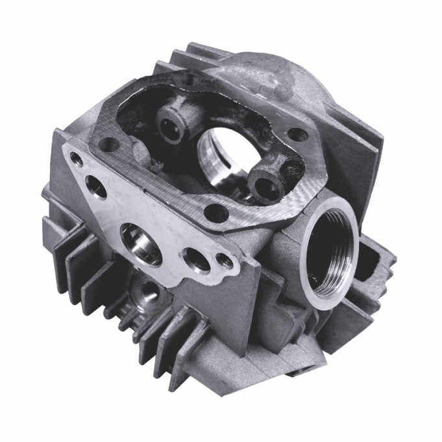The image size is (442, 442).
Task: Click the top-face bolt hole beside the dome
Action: pyautogui.click(x=297, y=136)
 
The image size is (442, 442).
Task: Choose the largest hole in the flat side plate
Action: pyautogui.click(x=141, y=244)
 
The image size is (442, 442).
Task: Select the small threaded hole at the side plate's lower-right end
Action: pyautogui.click(x=225, y=261)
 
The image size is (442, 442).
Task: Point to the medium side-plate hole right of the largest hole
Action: pyautogui.click(x=195, y=260)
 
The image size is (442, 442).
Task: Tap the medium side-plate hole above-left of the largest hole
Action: pyautogui.click(x=96, y=187)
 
